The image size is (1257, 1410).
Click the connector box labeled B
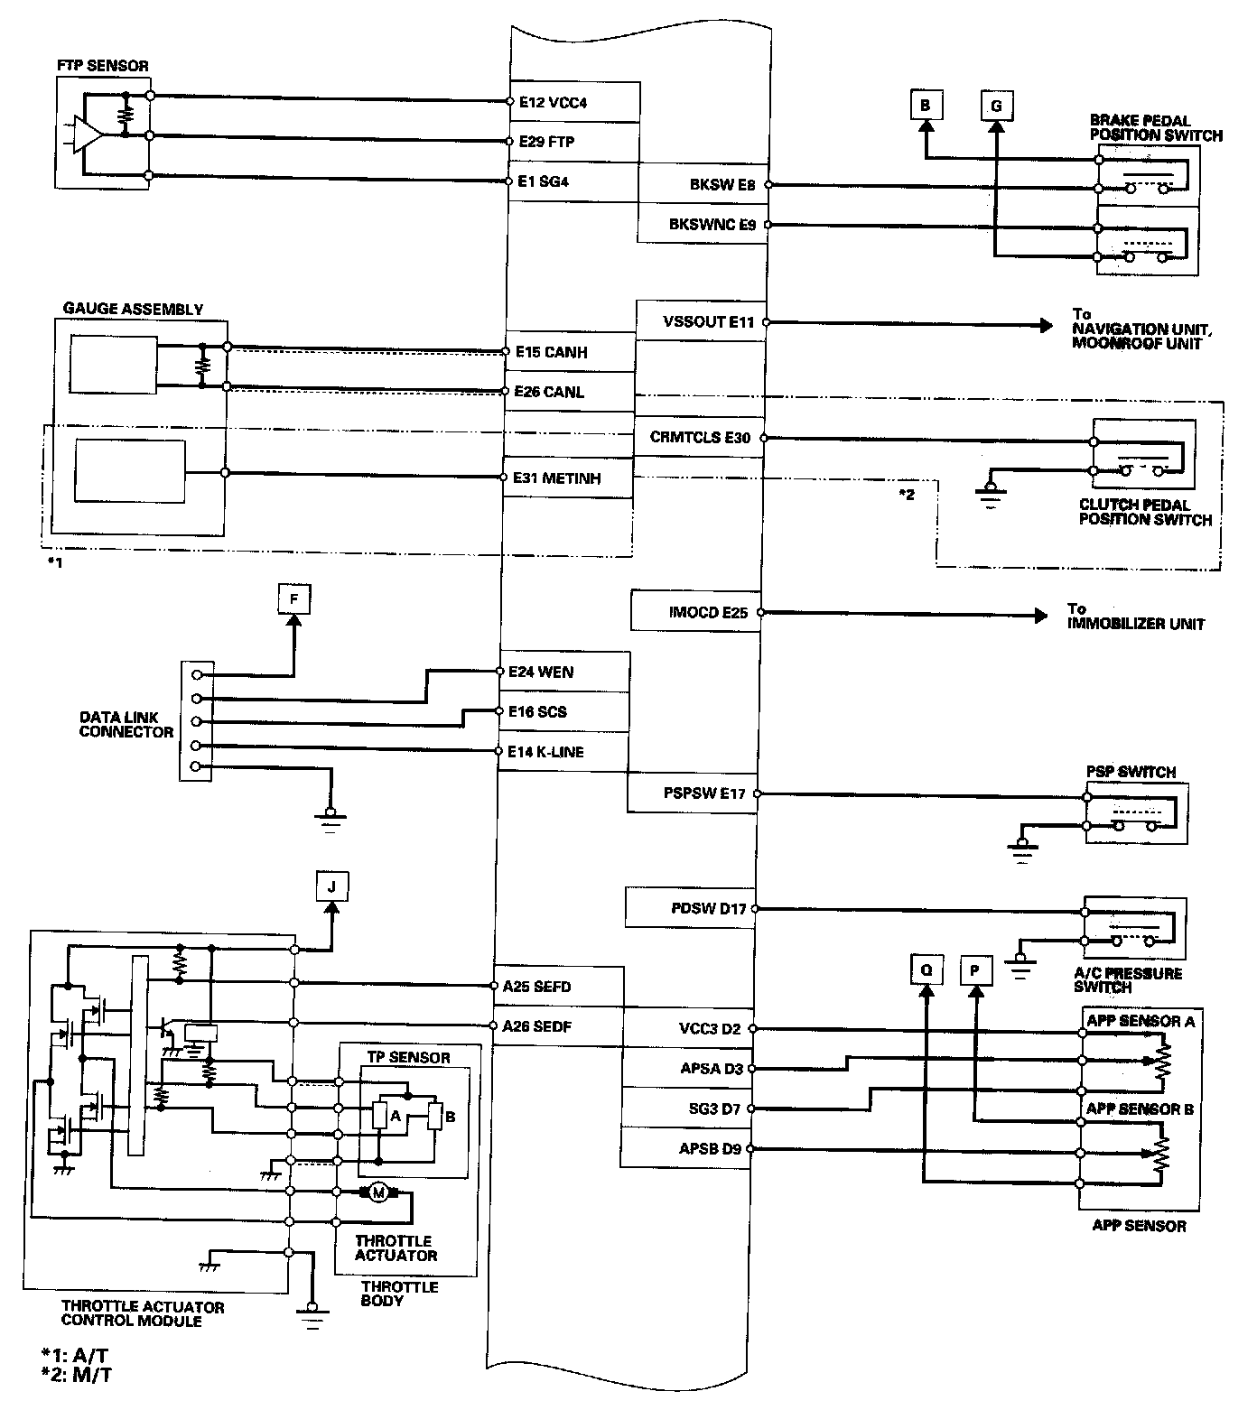[x=925, y=106]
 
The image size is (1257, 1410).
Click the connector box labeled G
[x=996, y=106]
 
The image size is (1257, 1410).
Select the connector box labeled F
[x=293, y=598]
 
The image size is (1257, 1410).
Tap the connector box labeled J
[x=331, y=886]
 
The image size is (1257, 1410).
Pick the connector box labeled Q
[x=926, y=970]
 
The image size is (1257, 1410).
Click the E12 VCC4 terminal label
[x=553, y=103]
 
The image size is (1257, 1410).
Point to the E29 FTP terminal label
[x=547, y=143]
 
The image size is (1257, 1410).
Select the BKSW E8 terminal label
[x=722, y=185]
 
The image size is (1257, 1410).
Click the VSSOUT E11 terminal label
[x=709, y=320]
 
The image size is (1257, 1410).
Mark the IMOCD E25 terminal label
[x=708, y=612]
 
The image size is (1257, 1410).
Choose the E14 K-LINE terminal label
[x=545, y=752]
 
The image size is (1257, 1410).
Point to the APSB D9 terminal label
[x=710, y=1149]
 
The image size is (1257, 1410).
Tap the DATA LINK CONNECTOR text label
[x=126, y=724]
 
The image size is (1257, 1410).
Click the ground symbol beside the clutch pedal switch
[x=991, y=492]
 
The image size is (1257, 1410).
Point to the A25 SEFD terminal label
[x=537, y=987]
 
